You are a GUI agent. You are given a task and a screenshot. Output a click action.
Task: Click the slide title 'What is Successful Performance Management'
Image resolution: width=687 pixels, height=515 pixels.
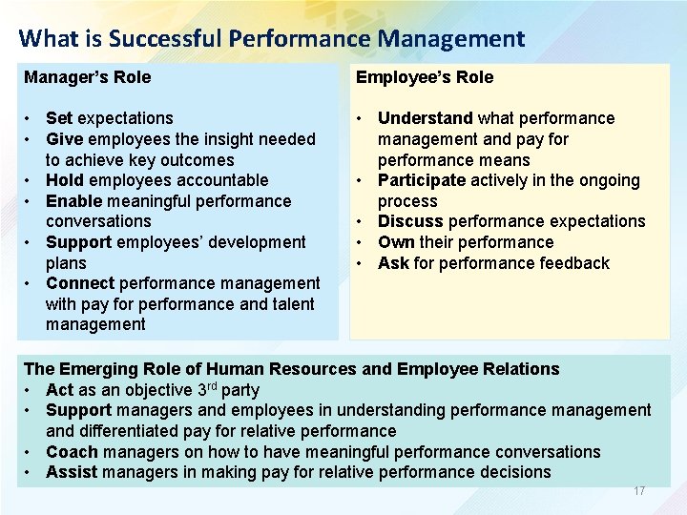click(x=271, y=39)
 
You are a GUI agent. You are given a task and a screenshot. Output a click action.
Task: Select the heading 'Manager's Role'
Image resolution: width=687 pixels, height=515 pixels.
click(x=87, y=77)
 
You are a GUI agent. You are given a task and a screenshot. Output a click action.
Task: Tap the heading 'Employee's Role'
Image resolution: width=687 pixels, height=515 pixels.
click(x=424, y=77)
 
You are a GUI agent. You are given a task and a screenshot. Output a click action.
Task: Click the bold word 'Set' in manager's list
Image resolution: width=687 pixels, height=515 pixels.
click(x=59, y=118)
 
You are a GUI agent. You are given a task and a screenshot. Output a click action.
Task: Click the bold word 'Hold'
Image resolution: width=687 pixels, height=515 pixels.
click(x=64, y=180)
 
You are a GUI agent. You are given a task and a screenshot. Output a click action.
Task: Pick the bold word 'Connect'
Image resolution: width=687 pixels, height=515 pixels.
click(x=79, y=283)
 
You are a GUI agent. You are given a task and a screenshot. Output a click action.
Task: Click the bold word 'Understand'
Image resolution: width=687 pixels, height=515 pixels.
click(x=425, y=118)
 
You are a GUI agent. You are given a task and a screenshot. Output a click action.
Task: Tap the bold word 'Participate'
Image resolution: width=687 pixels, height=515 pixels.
click(x=422, y=180)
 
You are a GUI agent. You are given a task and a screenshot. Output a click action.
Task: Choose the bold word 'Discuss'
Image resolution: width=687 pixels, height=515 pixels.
click(x=409, y=221)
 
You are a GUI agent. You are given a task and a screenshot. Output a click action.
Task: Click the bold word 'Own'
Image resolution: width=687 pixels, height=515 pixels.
click(x=395, y=242)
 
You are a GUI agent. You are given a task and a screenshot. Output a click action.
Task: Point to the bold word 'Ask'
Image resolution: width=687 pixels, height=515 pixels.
click(x=393, y=263)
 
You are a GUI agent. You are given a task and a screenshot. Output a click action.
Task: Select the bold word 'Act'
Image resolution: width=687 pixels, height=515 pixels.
click(x=59, y=390)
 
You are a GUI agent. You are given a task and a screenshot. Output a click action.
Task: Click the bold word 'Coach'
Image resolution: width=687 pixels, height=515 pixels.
click(x=71, y=452)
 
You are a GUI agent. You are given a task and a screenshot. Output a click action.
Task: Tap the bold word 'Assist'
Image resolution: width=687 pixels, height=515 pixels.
click(x=72, y=472)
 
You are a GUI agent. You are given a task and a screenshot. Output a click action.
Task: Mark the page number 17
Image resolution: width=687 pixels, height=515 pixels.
click(x=639, y=491)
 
